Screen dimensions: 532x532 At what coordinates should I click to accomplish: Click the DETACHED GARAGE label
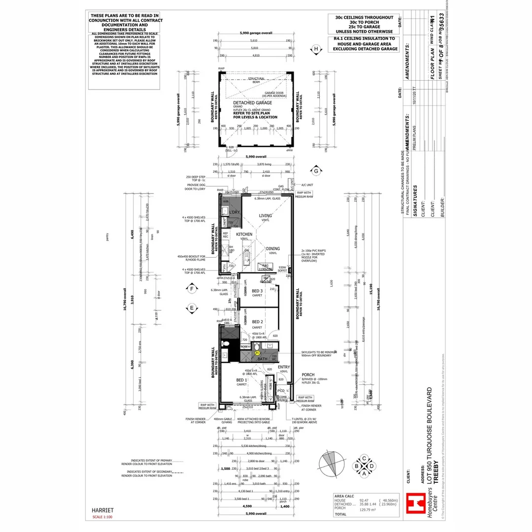252,103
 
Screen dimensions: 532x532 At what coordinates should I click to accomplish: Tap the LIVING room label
266,215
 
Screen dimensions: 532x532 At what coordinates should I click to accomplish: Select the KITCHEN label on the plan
244,234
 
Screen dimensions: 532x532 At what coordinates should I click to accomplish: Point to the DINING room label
272,249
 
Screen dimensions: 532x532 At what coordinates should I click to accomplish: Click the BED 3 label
257,291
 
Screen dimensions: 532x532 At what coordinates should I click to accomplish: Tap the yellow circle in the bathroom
257,353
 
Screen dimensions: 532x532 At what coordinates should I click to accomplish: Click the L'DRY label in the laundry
233,212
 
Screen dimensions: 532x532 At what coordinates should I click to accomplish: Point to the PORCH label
308,374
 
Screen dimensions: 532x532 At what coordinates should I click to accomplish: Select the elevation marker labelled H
317,49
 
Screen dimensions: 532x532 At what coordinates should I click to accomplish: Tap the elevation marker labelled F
191,289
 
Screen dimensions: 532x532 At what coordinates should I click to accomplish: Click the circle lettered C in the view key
364,458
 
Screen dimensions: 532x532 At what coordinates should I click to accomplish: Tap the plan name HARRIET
103,510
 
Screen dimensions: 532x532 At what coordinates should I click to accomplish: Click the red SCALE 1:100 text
102,517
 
